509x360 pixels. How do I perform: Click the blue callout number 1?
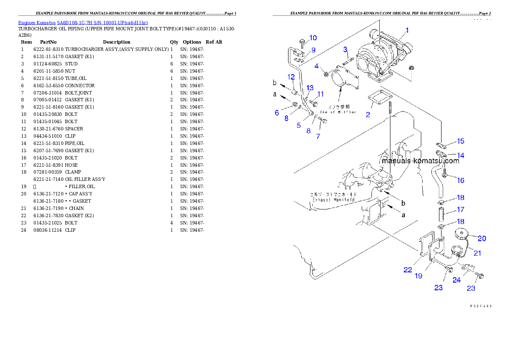407,30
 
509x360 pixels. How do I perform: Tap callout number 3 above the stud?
345,50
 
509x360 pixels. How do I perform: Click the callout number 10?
313,38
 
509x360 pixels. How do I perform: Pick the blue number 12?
291,77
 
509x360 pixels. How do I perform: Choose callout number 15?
460,142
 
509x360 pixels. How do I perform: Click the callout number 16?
460,180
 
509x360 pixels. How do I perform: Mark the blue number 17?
460,210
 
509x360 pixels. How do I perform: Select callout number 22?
408,270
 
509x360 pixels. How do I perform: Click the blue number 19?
418,276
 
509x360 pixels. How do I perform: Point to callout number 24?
457,280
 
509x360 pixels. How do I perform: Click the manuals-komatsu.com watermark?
420,161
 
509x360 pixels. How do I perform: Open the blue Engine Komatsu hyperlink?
83,23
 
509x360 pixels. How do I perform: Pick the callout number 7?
318,137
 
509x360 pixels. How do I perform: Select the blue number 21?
477,253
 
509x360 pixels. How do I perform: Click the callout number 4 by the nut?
317,66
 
